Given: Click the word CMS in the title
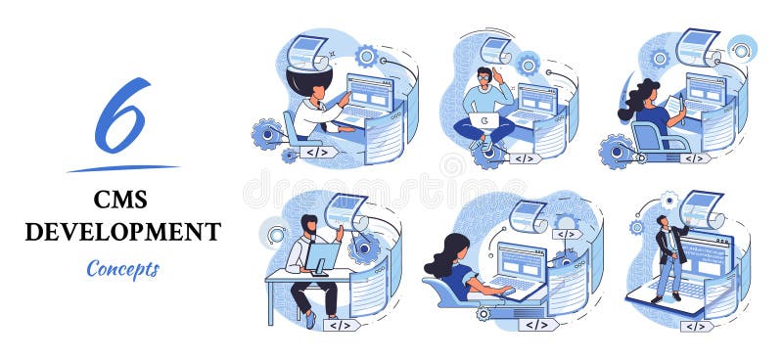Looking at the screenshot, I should click(121, 200).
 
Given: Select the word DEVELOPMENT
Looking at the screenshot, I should click(122, 232).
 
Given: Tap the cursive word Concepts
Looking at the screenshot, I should click(122, 267).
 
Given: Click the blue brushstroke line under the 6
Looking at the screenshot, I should click(122, 167).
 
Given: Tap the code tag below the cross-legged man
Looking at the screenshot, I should click(525, 157).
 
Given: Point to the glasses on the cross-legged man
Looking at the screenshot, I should click(484, 75).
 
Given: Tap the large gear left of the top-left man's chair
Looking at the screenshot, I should click(266, 133).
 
